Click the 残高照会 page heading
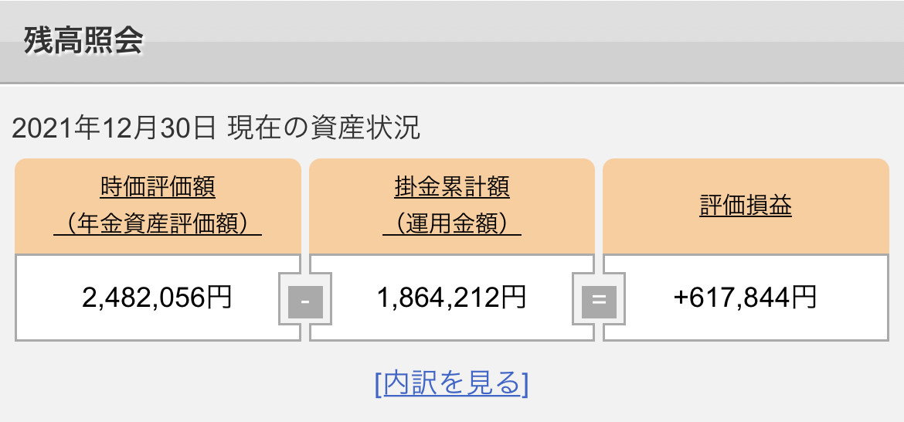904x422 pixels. [83, 40]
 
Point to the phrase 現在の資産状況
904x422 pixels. [324, 128]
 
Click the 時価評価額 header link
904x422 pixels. [158, 187]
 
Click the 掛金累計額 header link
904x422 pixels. [452, 187]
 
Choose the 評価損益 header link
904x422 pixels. [746, 206]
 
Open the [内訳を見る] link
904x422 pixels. [452, 383]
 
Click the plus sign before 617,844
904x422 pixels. [681, 298]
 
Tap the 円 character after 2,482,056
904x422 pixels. [219, 297]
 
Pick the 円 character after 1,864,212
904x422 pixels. [515, 297]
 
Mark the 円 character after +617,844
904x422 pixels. [804, 297]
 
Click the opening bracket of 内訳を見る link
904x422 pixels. [378, 383]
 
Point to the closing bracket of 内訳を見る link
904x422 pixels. [525, 383]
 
